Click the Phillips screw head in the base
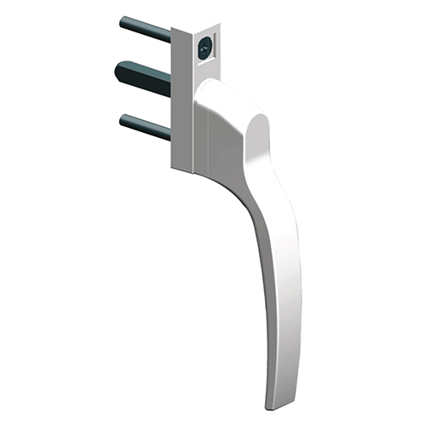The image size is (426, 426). (x=205, y=49)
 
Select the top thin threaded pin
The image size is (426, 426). (x=147, y=29)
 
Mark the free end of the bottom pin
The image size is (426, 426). (x=124, y=118)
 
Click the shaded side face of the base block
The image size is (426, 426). (x=182, y=102)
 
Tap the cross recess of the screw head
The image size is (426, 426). (x=205, y=49)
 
